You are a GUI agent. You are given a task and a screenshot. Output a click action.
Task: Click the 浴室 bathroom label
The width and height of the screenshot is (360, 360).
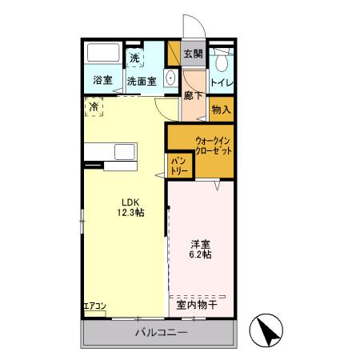coord(102,80)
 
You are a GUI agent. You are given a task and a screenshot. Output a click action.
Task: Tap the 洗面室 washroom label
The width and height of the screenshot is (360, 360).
coord(142,81)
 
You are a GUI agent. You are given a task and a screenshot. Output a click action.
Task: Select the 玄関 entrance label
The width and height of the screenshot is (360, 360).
coord(193,54)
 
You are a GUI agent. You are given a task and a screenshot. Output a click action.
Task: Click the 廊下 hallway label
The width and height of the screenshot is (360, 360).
coord(192,94)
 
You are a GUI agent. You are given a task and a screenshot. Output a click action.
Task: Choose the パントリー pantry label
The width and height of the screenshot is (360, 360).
coord(178,166)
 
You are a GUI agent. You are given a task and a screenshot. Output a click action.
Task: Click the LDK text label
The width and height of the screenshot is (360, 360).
coord(130,202)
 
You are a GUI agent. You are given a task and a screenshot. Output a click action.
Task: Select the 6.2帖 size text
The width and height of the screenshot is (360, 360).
coord(201,254)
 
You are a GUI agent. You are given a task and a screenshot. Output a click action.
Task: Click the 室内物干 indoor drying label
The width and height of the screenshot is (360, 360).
coord(196,304)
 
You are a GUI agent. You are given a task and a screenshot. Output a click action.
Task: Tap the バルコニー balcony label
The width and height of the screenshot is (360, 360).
coord(160,332)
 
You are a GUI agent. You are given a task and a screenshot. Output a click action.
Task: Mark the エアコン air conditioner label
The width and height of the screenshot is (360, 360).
coord(94,305)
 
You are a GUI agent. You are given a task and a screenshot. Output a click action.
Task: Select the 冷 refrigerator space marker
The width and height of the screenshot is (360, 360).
coord(94,106)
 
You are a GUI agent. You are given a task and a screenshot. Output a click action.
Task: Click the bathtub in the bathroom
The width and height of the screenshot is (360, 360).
coord(102,55)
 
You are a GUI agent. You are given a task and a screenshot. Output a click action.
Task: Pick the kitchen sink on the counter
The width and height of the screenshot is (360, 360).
coord(125,151)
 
